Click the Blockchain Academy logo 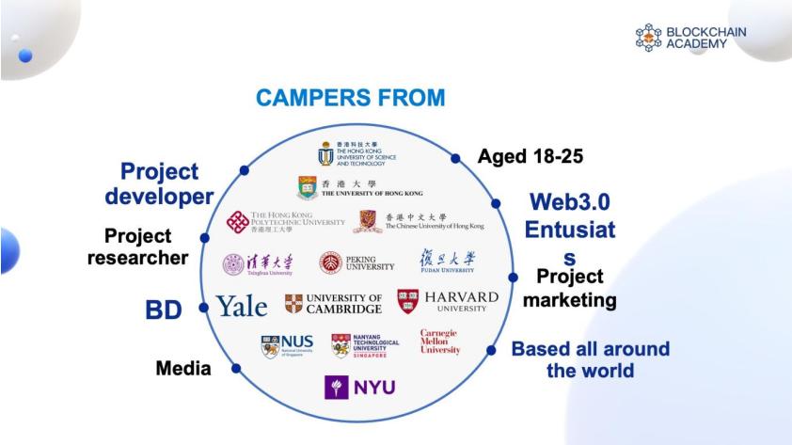click(x=690, y=38)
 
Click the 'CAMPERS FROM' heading click(x=349, y=99)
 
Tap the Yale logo click(x=242, y=305)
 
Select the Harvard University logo click(x=448, y=302)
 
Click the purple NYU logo click(x=359, y=387)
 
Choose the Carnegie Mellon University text click(x=440, y=342)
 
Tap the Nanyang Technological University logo click(x=365, y=345)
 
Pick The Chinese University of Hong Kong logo click(x=420, y=222)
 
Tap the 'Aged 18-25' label click(x=531, y=156)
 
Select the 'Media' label click(x=182, y=368)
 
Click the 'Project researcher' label click(x=138, y=246)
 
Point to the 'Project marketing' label click(x=569, y=289)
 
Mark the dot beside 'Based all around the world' click(x=491, y=350)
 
